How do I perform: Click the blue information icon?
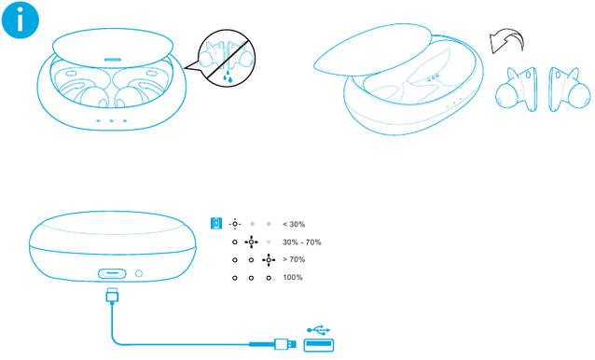(x=21, y=20)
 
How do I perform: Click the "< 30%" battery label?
(x=294, y=224)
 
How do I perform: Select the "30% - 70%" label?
(x=301, y=242)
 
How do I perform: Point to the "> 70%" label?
(x=294, y=259)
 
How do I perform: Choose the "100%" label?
(x=293, y=277)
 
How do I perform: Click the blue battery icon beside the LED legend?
(x=216, y=224)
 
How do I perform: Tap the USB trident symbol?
(x=319, y=330)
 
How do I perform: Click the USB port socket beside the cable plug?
(x=319, y=344)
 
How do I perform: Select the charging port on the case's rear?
(x=112, y=273)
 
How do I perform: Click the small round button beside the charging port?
(x=139, y=273)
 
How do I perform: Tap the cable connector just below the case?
(x=112, y=296)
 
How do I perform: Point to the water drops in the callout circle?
(x=228, y=76)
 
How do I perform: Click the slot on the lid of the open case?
(x=113, y=60)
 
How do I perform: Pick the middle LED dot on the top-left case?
(x=111, y=120)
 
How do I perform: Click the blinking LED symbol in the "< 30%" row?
(x=235, y=224)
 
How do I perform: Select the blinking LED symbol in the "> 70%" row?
(x=269, y=260)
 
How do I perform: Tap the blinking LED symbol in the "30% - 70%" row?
(x=251, y=242)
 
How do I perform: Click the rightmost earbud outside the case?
(x=569, y=90)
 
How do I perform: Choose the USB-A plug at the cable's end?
(x=285, y=344)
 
